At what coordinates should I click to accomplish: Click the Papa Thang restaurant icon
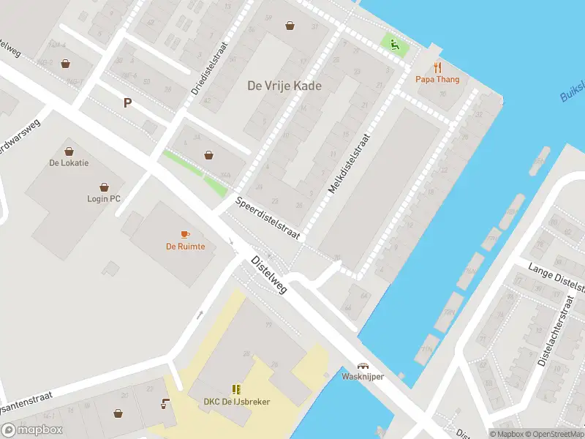coord(438,68)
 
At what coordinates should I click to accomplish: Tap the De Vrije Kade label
coord(284,86)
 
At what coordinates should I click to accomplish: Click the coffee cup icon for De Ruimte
coord(185,234)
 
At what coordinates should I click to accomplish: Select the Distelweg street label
coord(269,274)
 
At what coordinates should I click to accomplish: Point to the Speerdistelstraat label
coord(268,218)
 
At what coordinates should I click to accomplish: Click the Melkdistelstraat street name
coord(350,162)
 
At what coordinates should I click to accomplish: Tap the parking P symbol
coord(127,103)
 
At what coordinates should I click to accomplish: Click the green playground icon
coord(395,45)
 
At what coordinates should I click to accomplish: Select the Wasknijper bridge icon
coord(362,366)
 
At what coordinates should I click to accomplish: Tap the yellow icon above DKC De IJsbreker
coord(236,389)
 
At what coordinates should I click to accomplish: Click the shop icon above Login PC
coord(104,187)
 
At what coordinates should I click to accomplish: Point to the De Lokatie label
coord(69,162)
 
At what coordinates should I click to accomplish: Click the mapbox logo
coord(32,430)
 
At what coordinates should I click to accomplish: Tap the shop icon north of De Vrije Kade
coord(291,26)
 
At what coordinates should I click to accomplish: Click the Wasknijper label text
coord(363,376)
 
